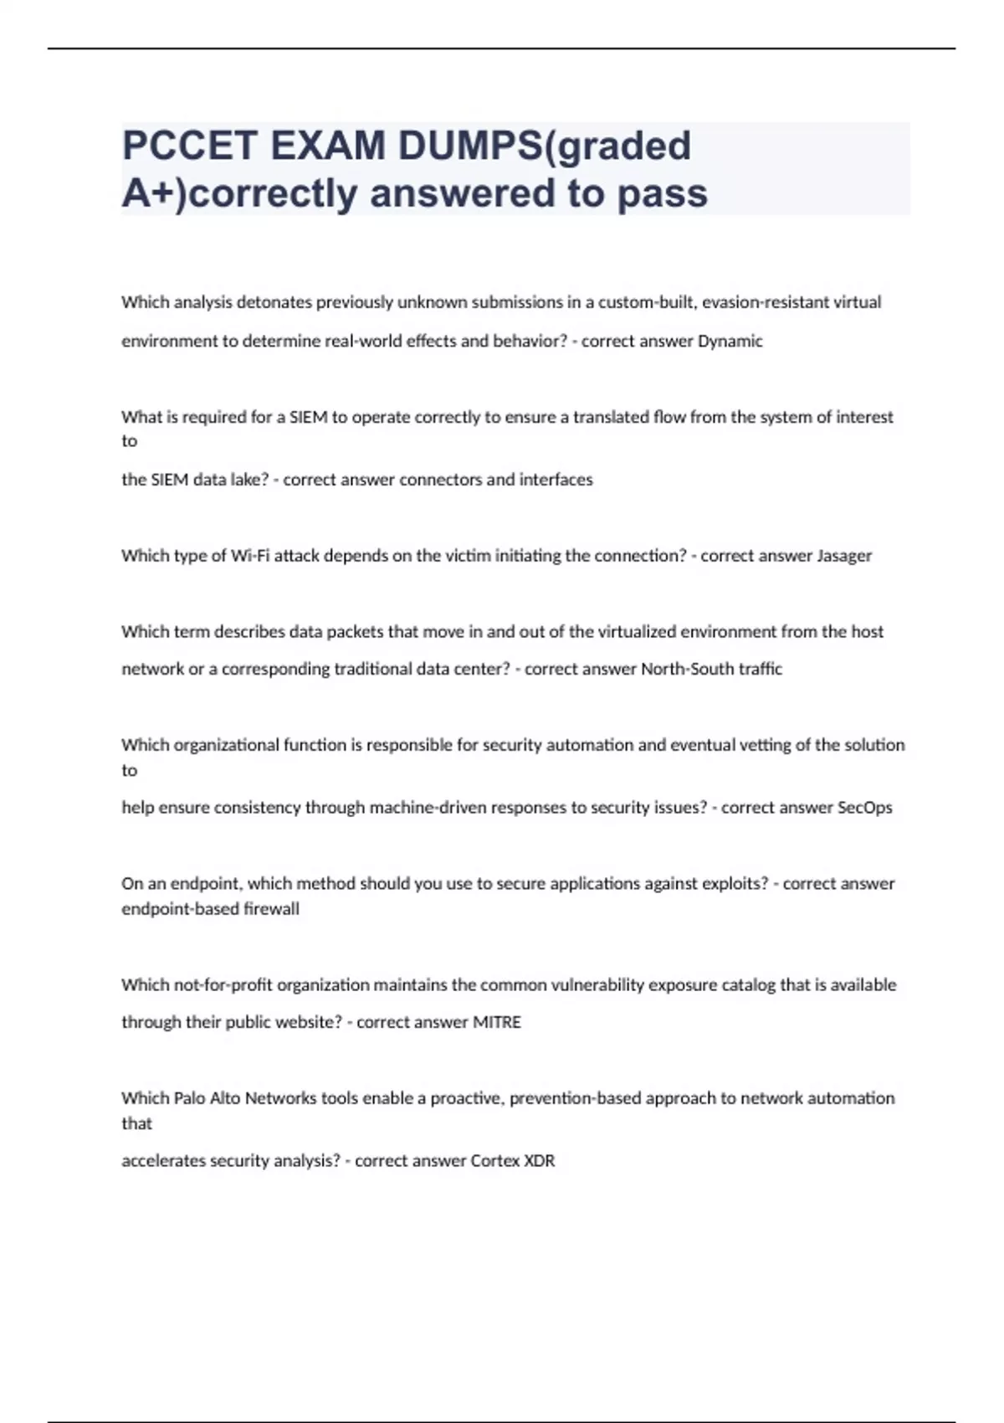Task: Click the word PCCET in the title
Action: [x=190, y=146]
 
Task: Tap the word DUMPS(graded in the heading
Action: [x=545, y=146]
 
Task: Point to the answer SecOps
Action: [x=864, y=808]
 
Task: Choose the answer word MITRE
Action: [x=497, y=1022]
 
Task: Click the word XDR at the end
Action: [x=539, y=1161]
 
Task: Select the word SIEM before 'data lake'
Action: [x=169, y=480]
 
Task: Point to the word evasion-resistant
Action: [x=765, y=302]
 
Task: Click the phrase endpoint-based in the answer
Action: [x=180, y=909]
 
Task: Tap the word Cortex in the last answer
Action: [x=494, y=1161]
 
